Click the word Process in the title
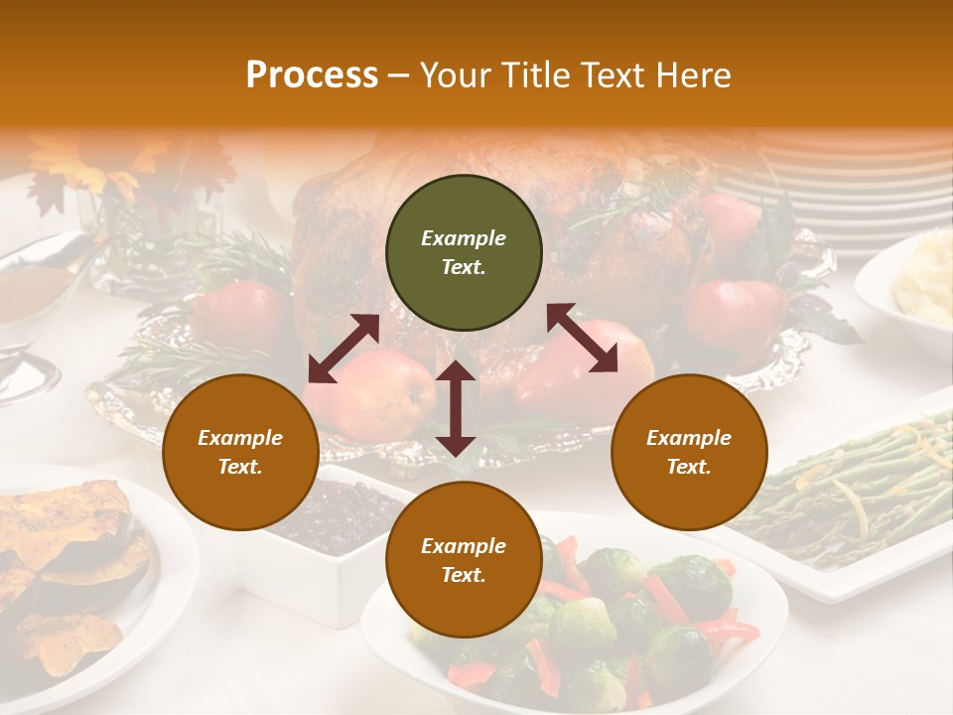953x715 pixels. [x=312, y=75]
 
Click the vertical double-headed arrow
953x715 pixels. [x=456, y=408]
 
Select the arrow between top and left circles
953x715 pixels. [x=343, y=349]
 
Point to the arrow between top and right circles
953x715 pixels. [x=582, y=338]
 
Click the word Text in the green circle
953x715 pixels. [x=463, y=267]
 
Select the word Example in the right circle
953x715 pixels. [x=689, y=438]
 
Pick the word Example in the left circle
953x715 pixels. [x=240, y=438]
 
